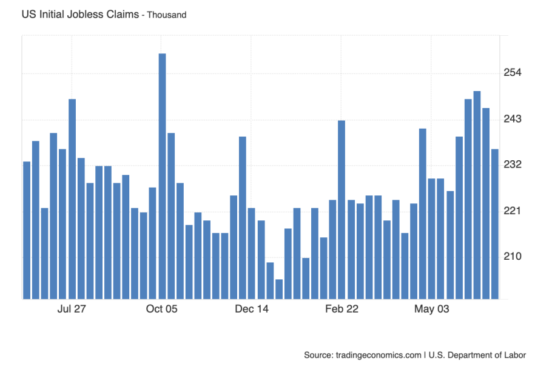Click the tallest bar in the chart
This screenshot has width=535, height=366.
162,176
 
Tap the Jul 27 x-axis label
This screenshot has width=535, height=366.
72,310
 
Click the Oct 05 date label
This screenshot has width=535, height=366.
162,310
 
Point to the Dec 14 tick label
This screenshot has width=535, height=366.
252,310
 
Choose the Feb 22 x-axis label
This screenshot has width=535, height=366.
342,310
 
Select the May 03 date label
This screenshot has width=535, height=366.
432,310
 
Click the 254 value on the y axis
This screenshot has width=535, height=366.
513,73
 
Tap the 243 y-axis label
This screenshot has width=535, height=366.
513,120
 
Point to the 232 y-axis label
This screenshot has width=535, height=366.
513,165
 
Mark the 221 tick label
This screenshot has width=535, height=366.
513,211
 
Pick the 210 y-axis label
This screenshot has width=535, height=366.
513,257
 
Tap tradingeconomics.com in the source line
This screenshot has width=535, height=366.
379,355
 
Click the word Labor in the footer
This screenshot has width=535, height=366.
514,355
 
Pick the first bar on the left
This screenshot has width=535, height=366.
27,230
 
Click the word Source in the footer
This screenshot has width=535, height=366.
318,355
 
